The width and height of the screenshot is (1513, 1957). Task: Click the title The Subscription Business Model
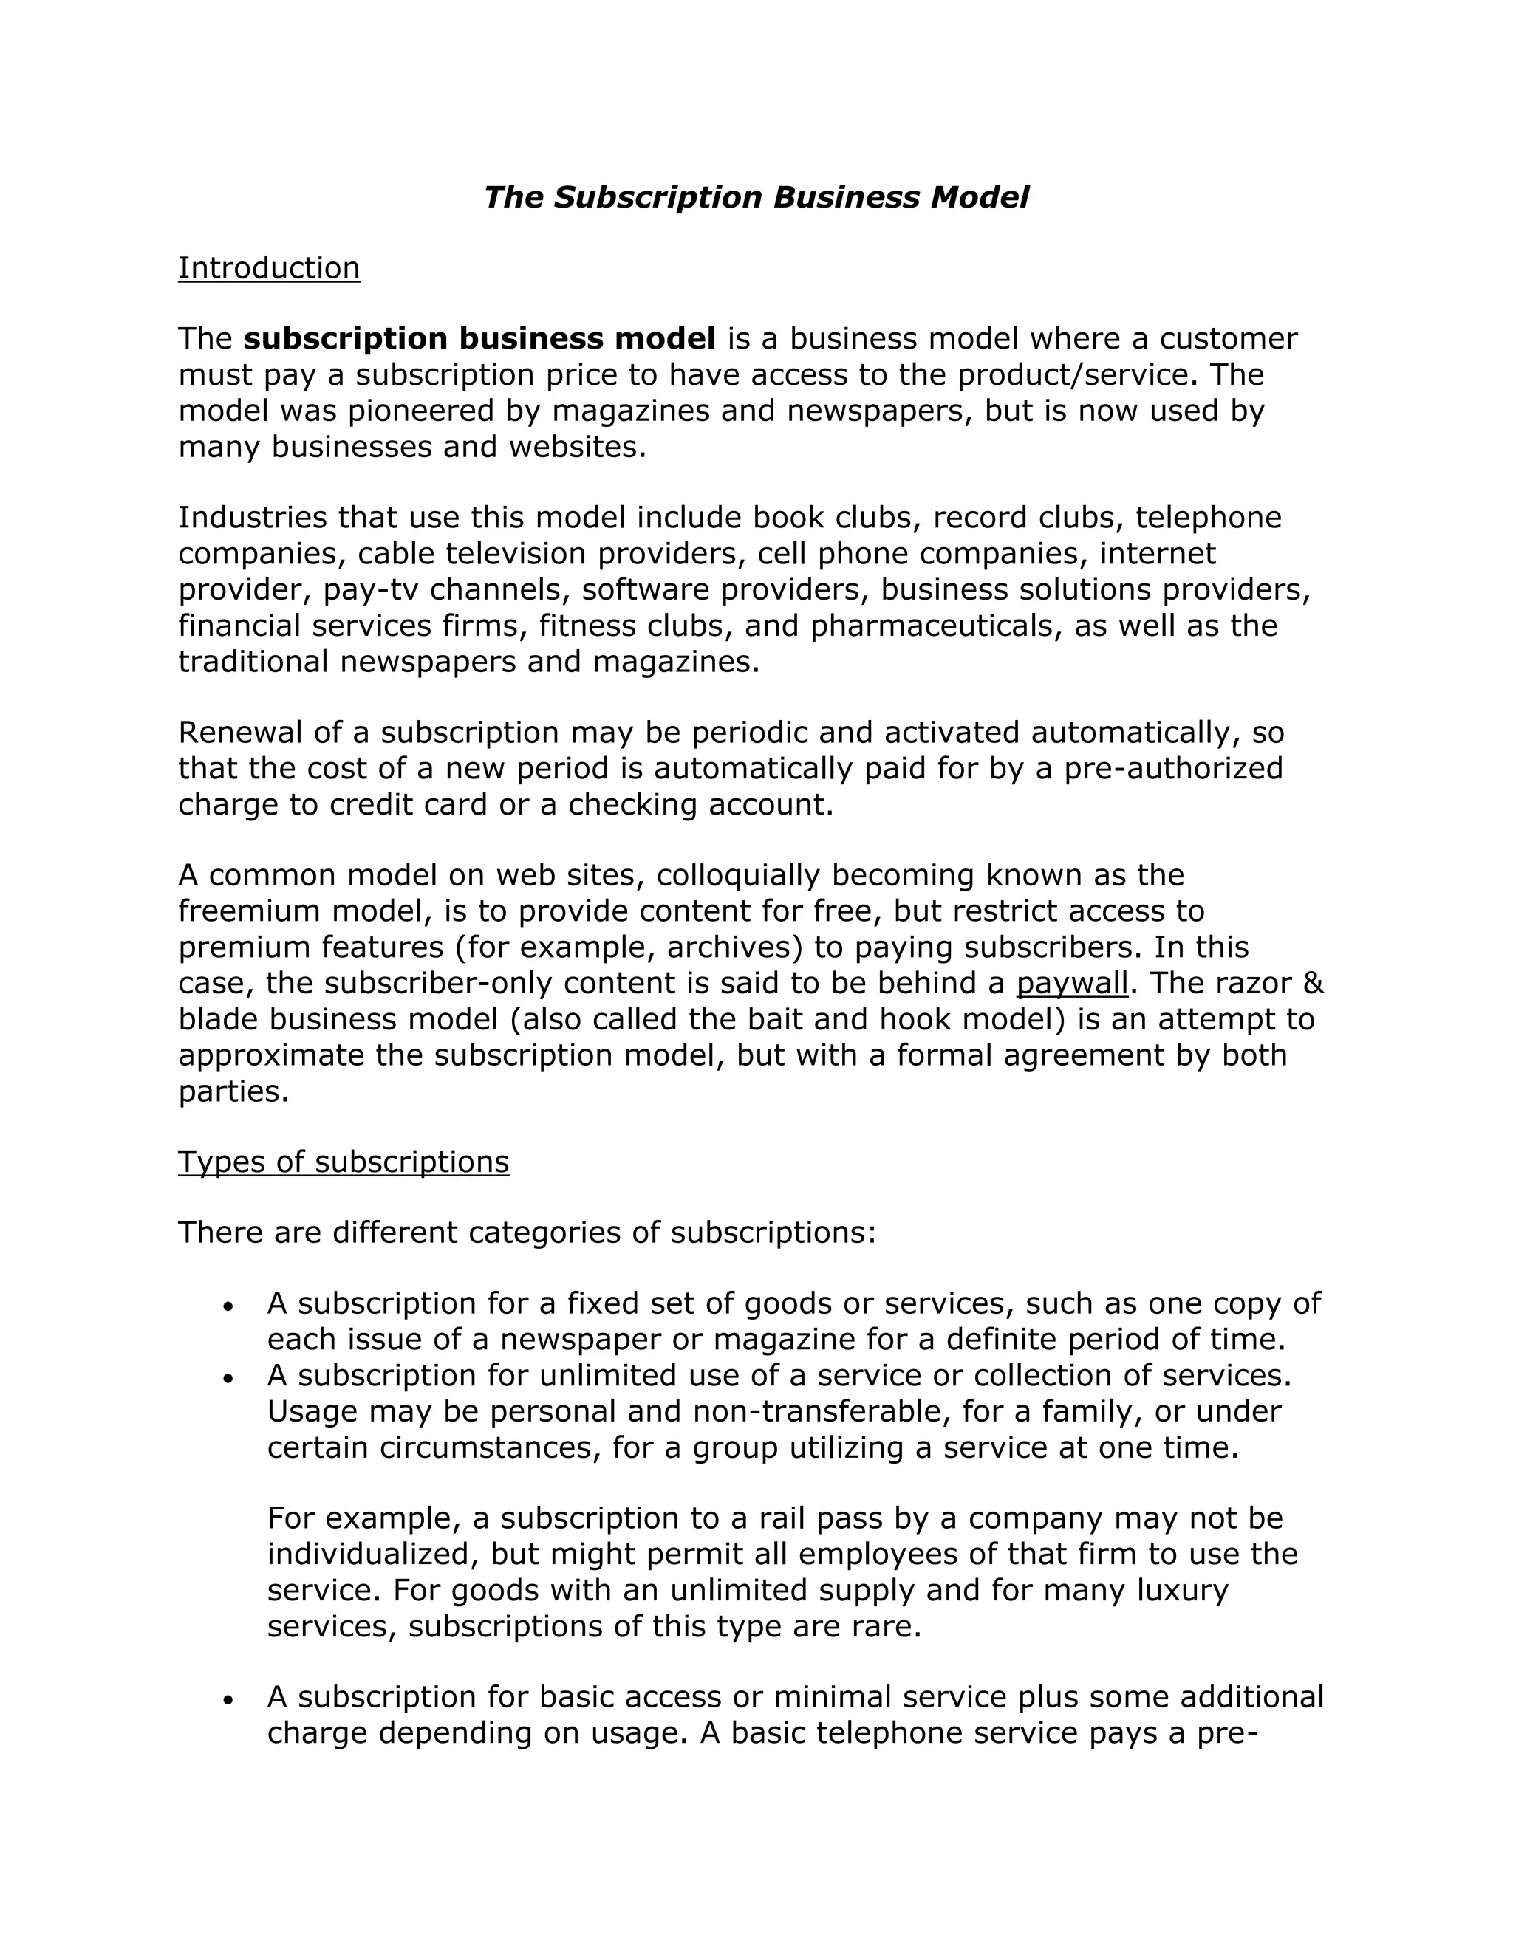click(756, 197)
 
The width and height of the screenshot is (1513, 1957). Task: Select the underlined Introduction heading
click(269, 268)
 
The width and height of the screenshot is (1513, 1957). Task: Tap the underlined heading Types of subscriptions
click(344, 1162)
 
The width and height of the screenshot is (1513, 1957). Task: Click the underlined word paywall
click(1071, 984)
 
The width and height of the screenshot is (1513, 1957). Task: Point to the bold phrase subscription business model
click(479, 339)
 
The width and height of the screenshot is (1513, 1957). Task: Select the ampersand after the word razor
click(1313, 983)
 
